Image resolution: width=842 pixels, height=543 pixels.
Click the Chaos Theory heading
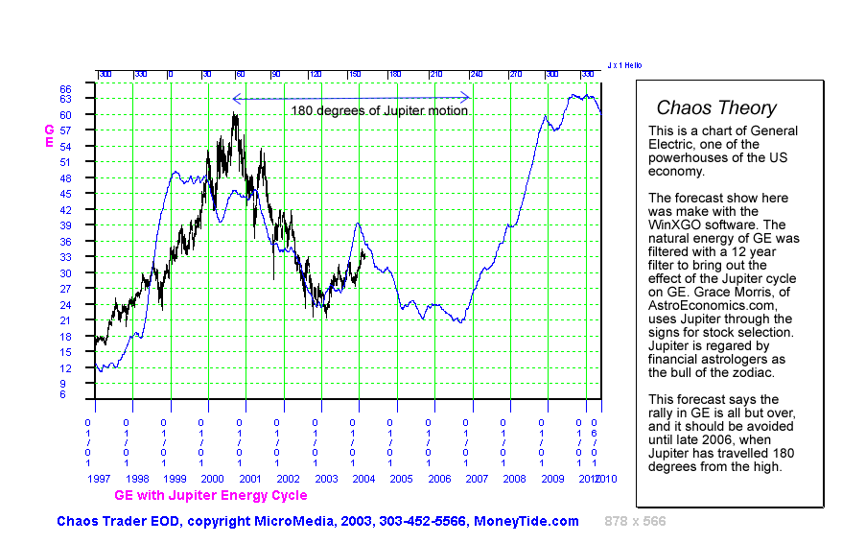pos(716,108)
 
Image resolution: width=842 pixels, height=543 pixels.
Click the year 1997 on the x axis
pos(99,477)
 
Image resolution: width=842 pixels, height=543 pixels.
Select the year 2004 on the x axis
pos(364,477)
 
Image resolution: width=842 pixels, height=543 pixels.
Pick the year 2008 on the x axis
pos(515,477)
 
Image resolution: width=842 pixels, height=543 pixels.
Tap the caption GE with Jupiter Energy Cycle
pos(211,495)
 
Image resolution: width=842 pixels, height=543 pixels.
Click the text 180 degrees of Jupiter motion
pos(380,110)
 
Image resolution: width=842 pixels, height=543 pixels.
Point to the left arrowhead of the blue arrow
pos(235,97)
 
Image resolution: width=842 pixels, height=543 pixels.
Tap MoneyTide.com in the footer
pos(526,521)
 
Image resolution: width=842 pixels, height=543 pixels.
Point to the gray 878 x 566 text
pos(635,521)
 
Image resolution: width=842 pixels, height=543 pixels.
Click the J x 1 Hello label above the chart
pos(624,65)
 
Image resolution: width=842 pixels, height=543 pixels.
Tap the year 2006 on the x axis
pos(439,477)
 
